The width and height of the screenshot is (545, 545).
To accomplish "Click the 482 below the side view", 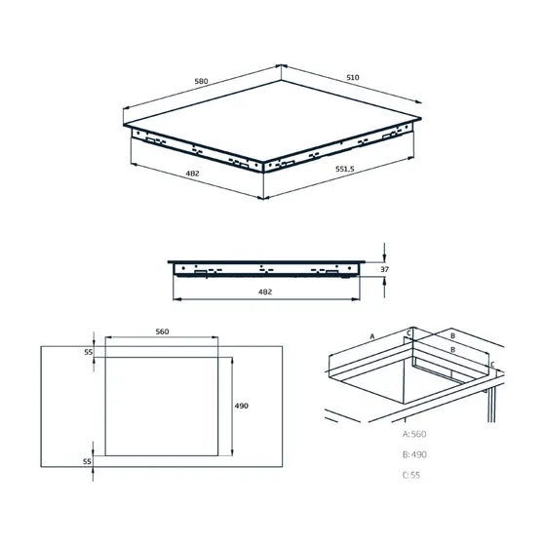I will (x=264, y=292).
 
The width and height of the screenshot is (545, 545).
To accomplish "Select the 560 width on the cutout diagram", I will (x=162, y=331).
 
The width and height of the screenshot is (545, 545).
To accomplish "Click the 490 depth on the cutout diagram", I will (x=241, y=406).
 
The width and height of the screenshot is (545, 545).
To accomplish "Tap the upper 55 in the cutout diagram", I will (x=87, y=351).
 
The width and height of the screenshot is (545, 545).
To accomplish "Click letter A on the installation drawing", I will (x=371, y=334).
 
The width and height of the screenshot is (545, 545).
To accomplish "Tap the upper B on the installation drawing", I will (x=451, y=332).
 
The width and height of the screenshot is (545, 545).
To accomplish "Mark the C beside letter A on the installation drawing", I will (x=409, y=333).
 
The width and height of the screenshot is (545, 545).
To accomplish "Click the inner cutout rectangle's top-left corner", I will (x=104, y=357).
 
